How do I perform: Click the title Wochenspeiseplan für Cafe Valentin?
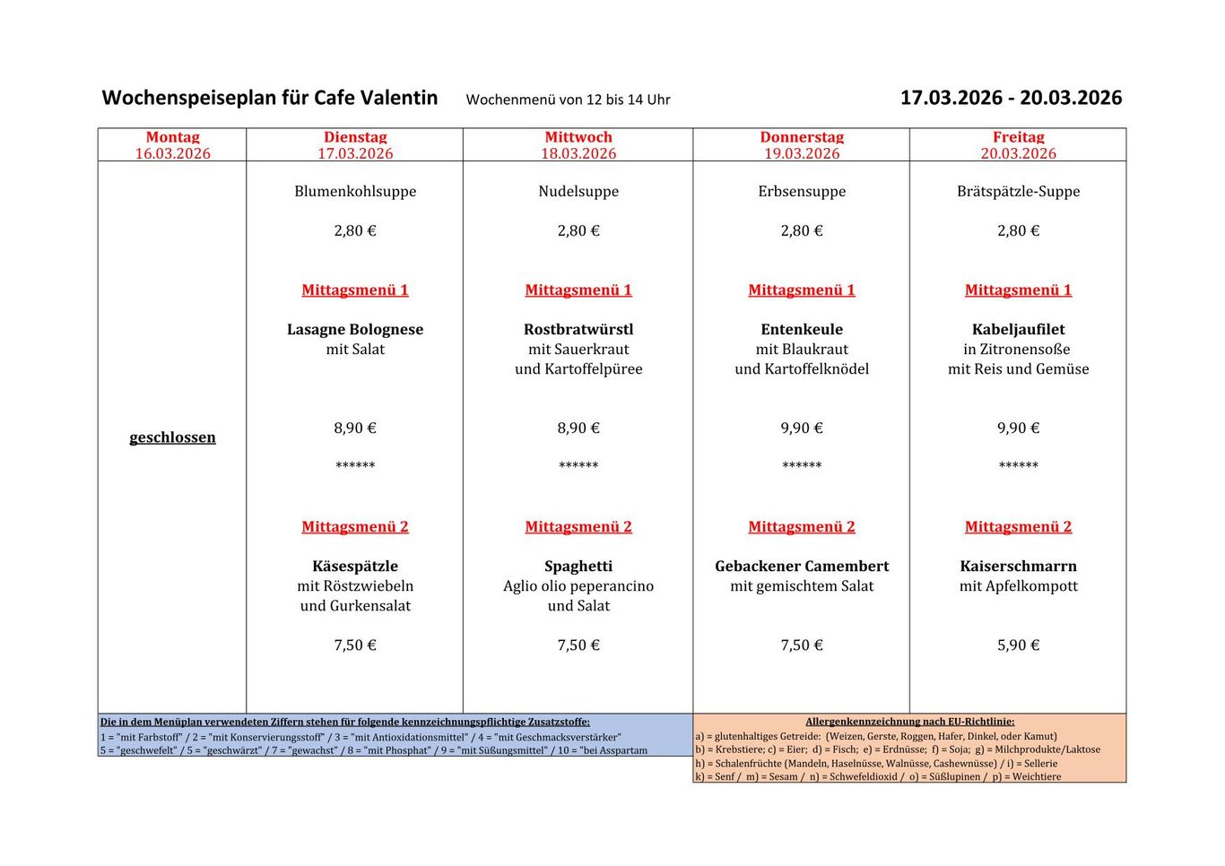(x=270, y=98)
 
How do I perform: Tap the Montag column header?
(x=172, y=137)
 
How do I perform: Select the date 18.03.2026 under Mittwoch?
(x=578, y=153)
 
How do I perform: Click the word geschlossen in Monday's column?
(x=172, y=437)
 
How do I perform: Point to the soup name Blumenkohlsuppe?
(x=355, y=191)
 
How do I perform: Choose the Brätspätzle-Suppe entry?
(x=1018, y=191)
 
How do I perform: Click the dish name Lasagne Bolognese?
(x=355, y=329)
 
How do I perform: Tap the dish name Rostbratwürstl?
(x=578, y=329)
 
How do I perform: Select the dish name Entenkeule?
(x=802, y=329)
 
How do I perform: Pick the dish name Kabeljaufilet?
(x=1018, y=329)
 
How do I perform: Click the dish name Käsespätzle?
(x=355, y=566)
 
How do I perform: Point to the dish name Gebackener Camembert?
(x=802, y=566)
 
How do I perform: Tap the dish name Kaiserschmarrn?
(x=1018, y=566)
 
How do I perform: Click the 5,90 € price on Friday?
(x=1018, y=645)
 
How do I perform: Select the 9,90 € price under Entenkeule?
(x=802, y=428)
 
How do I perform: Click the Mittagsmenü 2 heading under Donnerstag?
(x=802, y=526)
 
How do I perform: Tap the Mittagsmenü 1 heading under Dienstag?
(x=355, y=290)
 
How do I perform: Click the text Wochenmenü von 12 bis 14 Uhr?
(x=568, y=100)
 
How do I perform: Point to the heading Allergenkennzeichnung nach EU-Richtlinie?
(x=909, y=721)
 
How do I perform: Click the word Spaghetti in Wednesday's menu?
(x=578, y=566)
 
